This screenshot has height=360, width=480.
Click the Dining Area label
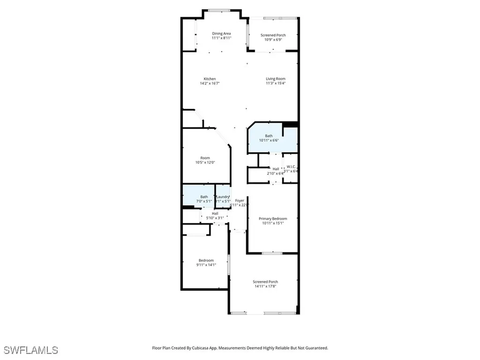coord(221,33)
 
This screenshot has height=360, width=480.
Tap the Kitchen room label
coord(210,79)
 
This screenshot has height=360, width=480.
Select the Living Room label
coord(276,79)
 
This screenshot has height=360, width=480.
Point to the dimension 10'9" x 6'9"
coord(273,40)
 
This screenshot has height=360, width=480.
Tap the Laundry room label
coord(223,197)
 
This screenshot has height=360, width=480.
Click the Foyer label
coord(240,200)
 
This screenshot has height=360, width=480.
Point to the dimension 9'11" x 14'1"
coord(206,265)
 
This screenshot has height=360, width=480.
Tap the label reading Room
coord(205,158)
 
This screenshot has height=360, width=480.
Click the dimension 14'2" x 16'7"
coord(210,83)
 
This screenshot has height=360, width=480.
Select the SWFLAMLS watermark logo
coord(30,350)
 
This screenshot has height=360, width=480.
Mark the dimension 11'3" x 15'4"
coord(276,83)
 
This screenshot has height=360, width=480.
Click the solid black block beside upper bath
coord(291,124)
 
